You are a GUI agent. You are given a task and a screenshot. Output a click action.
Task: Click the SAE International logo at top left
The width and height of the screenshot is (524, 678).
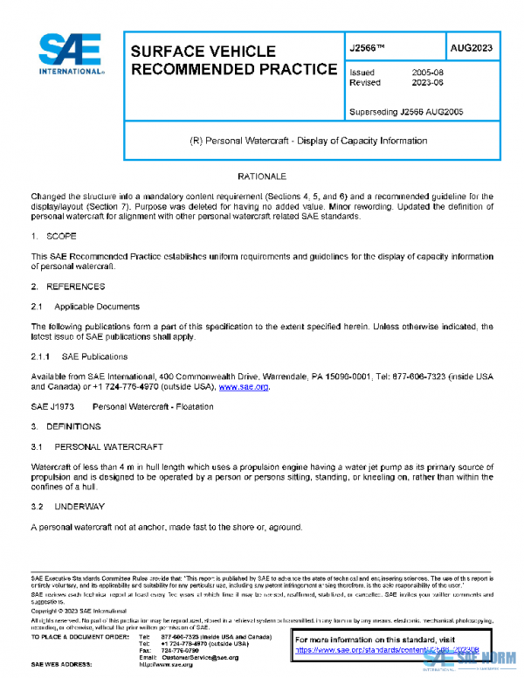70,54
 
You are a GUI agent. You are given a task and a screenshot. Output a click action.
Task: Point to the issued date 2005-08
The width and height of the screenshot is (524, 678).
426,73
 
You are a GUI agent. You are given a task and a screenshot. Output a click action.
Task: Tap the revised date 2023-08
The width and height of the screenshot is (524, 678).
426,83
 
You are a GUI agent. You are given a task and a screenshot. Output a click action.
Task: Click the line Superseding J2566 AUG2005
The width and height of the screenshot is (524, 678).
405,113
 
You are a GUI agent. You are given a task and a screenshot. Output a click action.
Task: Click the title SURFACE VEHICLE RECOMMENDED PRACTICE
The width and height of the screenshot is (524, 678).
232,60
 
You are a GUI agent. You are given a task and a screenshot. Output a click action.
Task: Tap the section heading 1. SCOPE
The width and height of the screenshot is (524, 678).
54,237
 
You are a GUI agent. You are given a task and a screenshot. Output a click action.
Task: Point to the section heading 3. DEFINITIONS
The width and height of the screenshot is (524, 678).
65,426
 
